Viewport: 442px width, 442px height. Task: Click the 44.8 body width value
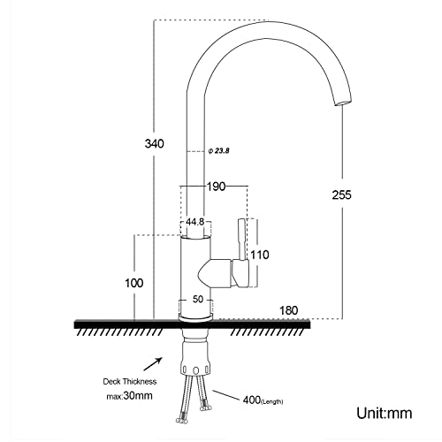coord(195,223)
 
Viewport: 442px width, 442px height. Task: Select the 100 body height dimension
coord(134,283)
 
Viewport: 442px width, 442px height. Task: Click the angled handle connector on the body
coord(219,269)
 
